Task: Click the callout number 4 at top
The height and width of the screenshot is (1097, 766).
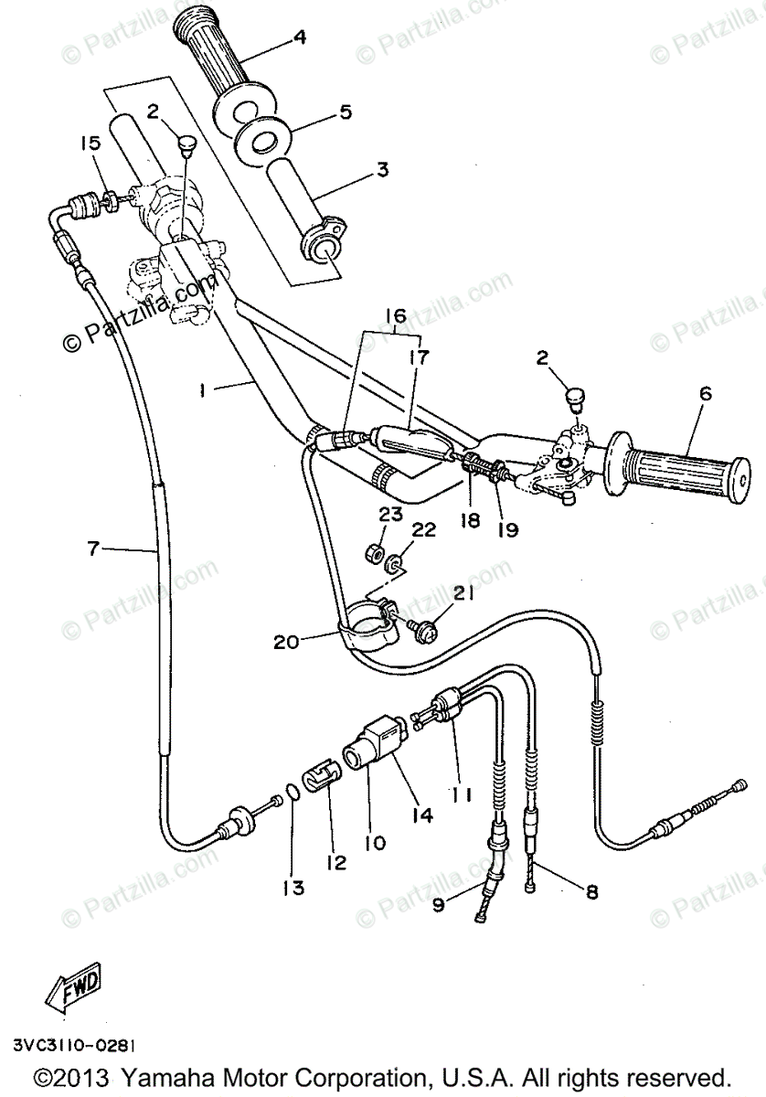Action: point(300,38)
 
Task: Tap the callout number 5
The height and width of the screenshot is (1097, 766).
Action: point(346,113)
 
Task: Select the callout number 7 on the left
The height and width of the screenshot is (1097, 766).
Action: point(92,548)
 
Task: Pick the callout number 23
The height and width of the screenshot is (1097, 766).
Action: point(391,515)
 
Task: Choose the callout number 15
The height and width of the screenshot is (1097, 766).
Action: point(88,144)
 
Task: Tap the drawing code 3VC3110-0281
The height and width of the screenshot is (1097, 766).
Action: point(77,1043)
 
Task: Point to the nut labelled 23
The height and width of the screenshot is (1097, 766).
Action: point(373,552)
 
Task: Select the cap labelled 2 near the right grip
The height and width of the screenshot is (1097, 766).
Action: point(576,399)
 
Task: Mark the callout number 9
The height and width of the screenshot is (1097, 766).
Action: point(439,906)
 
